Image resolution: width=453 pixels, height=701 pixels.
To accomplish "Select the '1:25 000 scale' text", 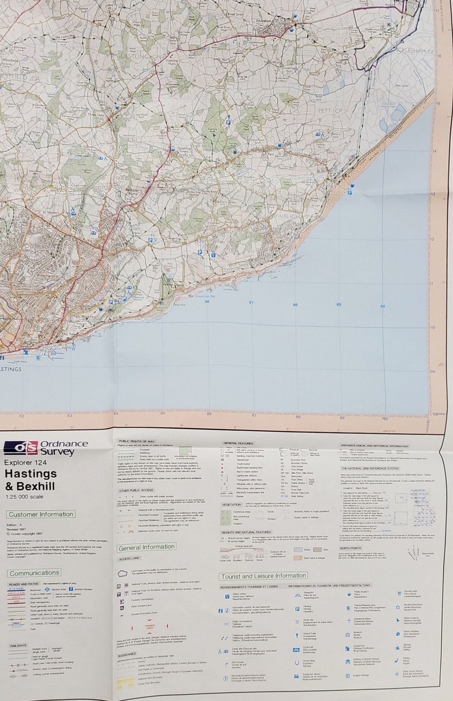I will (x=24, y=497).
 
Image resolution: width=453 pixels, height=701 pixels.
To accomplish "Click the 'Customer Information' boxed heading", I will (x=41, y=514).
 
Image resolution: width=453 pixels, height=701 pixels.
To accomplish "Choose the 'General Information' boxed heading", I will (x=147, y=547).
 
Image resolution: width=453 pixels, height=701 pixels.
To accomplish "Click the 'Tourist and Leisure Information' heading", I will (x=264, y=576).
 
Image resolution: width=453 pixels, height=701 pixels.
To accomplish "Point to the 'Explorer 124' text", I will (x=25, y=463).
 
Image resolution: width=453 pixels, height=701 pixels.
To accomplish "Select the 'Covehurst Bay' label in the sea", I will (x=205, y=296).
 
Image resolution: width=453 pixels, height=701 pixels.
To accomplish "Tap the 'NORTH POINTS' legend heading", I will (x=350, y=548).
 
